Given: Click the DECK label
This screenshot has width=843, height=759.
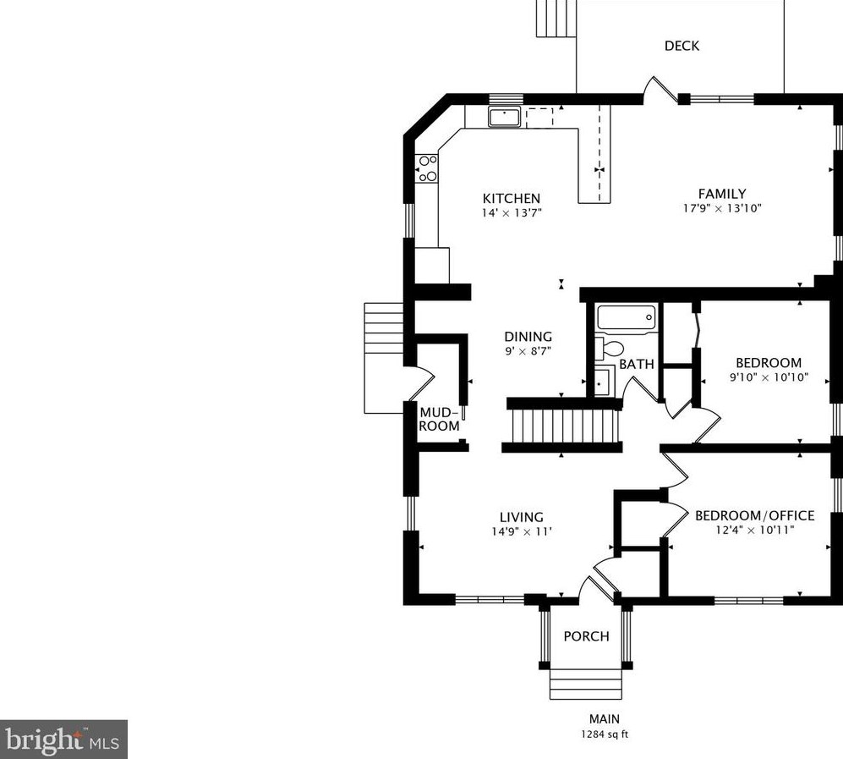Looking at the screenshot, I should point(682,46).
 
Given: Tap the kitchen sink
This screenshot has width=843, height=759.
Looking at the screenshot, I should point(506,117).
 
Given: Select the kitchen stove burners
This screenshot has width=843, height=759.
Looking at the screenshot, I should point(427,168).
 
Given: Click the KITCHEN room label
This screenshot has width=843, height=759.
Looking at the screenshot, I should point(511,199).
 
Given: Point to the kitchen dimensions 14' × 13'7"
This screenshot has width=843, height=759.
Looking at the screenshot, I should point(511,212).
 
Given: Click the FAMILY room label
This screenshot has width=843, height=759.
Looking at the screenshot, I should point(721,194).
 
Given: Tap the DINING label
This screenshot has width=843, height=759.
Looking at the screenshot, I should point(528,336).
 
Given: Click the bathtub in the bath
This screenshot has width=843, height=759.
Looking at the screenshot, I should point(626,318).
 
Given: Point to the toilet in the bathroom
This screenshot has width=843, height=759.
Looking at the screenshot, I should point(610,348).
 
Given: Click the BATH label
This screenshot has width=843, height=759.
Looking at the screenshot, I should point(636,365).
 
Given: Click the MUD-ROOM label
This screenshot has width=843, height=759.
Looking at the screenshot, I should point(440,419).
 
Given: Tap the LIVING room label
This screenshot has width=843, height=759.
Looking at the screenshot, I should point(521,517).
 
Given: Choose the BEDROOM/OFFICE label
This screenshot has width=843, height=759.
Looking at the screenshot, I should point(754,515).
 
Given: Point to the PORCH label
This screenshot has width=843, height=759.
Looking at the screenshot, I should point(586,636).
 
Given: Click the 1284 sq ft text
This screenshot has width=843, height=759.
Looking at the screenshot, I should point(604,734).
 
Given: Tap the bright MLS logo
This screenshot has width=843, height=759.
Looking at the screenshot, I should point(64,740).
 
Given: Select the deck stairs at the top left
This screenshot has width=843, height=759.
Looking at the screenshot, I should point(556,18).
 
